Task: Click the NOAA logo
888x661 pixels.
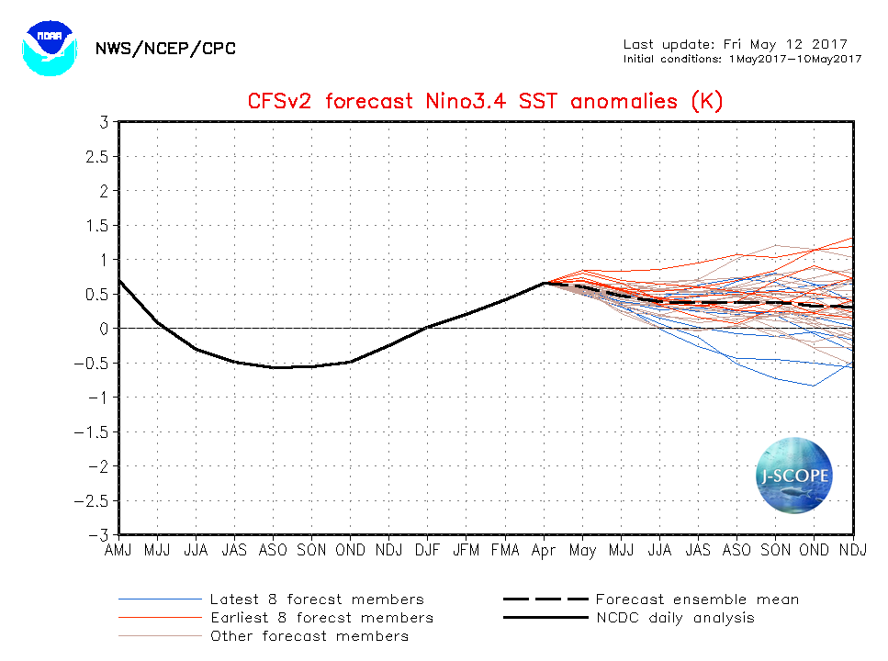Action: click(45, 49)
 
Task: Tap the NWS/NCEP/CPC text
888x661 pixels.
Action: click(165, 49)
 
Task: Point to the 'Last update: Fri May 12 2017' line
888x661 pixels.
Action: click(735, 44)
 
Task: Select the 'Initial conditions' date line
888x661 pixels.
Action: click(742, 59)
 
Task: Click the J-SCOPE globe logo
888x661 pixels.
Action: click(794, 476)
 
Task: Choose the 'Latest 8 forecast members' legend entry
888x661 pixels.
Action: click(317, 599)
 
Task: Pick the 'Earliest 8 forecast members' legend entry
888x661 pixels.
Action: click(321, 618)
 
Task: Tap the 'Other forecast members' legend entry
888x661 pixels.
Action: click(309, 636)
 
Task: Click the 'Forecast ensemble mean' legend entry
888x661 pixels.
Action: click(697, 599)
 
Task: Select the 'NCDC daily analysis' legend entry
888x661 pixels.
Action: click(675, 618)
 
